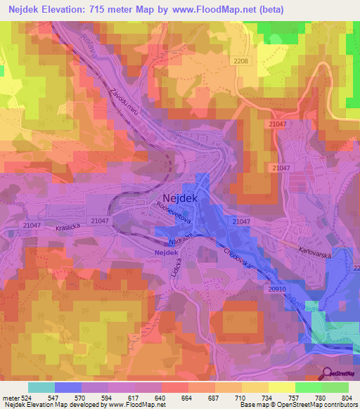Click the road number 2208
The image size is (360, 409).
(240, 62)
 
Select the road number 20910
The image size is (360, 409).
(277, 289)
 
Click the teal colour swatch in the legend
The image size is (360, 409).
(41, 387)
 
